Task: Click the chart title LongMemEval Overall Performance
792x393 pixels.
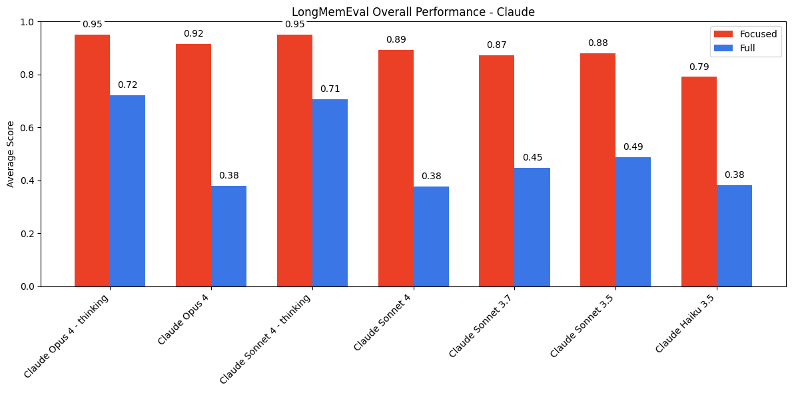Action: [413, 12]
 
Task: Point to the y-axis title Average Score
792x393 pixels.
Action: [11, 154]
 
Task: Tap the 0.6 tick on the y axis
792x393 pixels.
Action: [28, 127]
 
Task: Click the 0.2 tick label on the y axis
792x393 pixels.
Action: [28, 234]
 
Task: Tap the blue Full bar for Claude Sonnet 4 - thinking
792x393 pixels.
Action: [330, 193]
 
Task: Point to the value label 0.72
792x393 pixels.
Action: [127, 85]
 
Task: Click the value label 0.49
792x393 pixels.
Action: [633, 147]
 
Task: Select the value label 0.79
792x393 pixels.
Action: [699, 67]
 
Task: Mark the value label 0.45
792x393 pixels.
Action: [532, 157]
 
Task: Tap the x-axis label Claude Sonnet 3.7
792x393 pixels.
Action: [482, 326]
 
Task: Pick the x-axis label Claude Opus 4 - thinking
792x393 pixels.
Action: [67, 336]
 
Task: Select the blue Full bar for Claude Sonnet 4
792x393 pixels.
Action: [431, 236]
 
